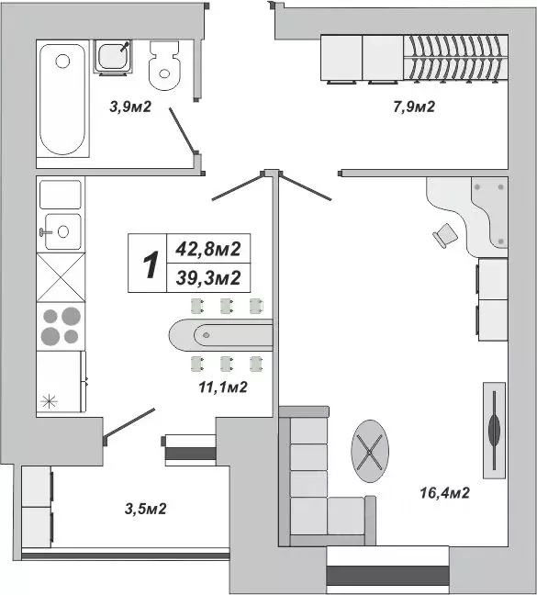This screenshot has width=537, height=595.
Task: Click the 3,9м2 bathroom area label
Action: click(x=129, y=107)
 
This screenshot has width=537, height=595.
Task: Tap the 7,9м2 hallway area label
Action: click(x=412, y=107)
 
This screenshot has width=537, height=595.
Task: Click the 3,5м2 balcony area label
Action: click(x=144, y=508)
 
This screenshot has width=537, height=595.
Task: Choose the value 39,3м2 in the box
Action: click(x=207, y=278)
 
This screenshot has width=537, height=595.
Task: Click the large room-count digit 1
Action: click(x=147, y=264)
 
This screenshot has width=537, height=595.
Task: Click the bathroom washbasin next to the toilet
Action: click(x=115, y=57)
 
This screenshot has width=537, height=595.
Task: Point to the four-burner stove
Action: click(x=61, y=326)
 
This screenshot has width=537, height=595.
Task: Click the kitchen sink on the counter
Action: click(x=61, y=230)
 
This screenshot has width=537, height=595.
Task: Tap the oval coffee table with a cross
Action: click(x=371, y=450)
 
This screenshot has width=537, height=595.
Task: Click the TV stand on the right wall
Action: click(x=494, y=429)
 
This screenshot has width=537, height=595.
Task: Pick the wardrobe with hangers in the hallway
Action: click(x=456, y=58)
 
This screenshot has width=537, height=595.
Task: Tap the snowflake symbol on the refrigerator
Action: click(x=50, y=400)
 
